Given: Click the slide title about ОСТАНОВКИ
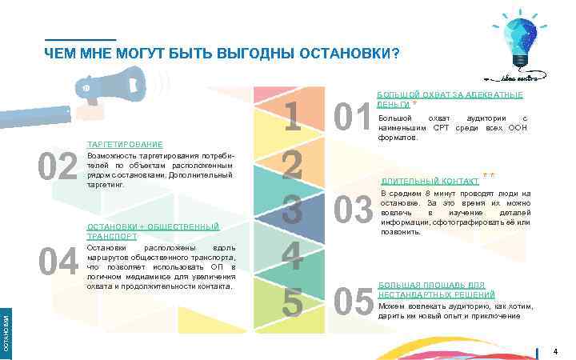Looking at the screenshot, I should pos(221,54).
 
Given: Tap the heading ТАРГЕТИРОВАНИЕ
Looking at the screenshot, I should pos(124,144).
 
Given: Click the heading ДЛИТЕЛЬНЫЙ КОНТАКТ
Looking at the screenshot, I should pos(430,181).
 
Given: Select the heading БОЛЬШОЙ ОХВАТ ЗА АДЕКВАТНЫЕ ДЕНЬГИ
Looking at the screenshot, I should pos(449,99).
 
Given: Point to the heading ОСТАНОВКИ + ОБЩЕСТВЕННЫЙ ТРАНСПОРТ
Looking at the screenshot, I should pos(152,232).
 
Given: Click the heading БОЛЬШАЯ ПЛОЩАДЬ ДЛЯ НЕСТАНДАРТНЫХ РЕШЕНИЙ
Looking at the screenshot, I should pos(436,290).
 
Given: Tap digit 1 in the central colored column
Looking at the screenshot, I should pos(293,117).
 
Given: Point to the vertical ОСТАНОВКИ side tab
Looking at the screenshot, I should pos(6,333).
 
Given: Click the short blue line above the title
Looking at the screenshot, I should pos(80,40).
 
